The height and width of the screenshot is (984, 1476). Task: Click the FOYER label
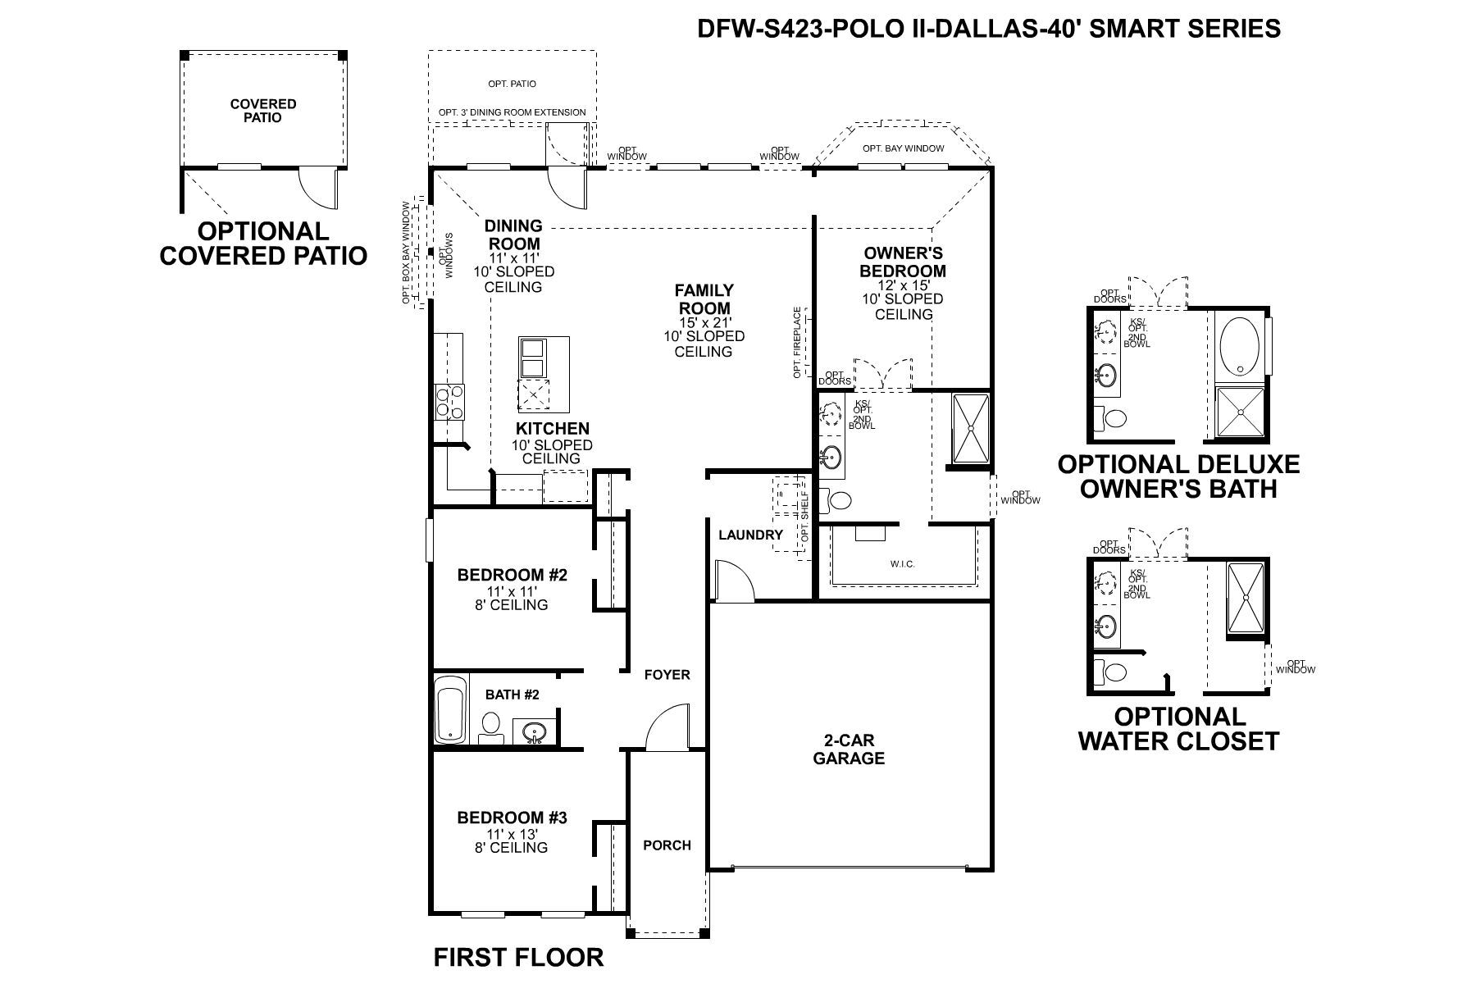(667, 675)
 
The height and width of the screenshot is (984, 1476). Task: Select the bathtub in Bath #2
(449, 709)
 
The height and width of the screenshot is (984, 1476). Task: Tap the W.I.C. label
(902, 564)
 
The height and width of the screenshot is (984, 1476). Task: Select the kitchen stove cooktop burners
(449, 402)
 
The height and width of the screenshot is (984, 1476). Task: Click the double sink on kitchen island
(532, 358)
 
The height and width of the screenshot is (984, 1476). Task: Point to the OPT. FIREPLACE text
(797, 343)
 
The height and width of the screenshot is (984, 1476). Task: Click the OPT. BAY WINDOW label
(903, 148)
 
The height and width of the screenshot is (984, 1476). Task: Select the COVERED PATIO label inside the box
(263, 111)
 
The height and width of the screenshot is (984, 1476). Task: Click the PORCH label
(667, 845)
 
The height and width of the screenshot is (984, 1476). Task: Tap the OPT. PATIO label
(512, 84)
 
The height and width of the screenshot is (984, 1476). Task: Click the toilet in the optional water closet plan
(1115, 673)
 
